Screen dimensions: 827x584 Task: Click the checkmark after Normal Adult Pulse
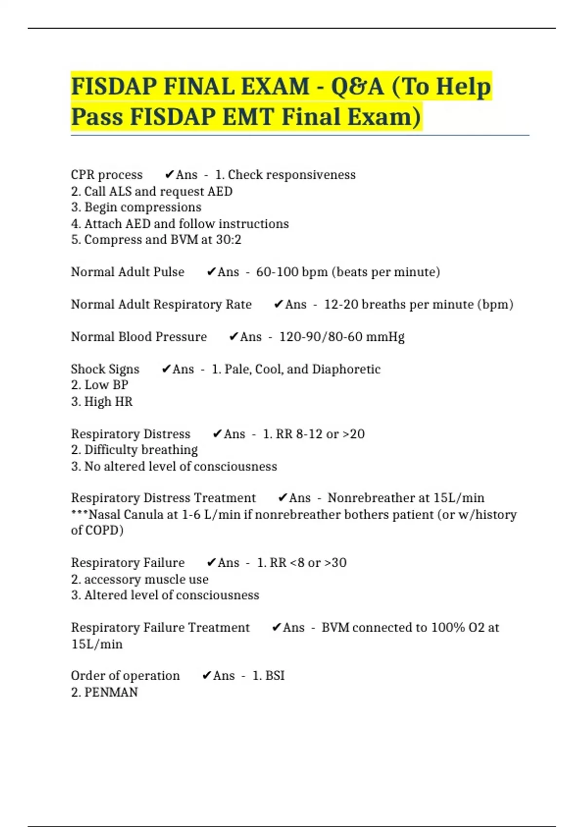211,272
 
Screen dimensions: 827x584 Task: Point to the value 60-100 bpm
292,272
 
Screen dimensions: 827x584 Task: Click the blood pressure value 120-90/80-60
321,337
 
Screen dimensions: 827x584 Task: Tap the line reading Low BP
100,385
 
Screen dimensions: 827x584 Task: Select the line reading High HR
102,402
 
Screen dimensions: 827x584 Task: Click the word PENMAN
111,692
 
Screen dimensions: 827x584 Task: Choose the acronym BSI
275,676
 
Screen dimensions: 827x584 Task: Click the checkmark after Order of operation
206,676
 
